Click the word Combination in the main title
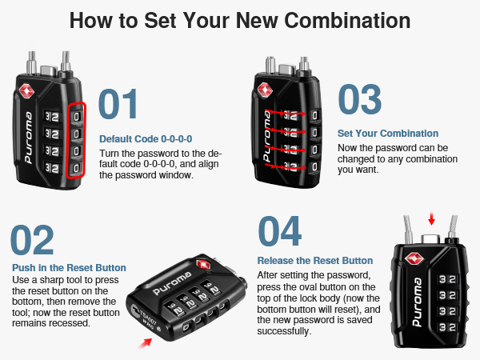pyautogui.click(x=347, y=21)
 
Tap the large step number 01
pyautogui.click(x=118, y=104)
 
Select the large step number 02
pyautogui.click(x=33, y=240)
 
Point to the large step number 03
pyautogui.click(x=360, y=99)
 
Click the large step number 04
pyautogui.click(x=280, y=231)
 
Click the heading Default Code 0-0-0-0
pyautogui.click(x=146, y=139)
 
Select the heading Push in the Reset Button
pyautogui.click(x=69, y=268)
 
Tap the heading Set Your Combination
pyautogui.click(x=388, y=134)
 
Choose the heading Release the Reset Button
pyautogui.click(x=315, y=261)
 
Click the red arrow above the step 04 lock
pyautogui.click(x=432, y=219)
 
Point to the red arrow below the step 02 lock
pyautogui.click(x=145, y=343)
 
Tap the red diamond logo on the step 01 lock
pyautogui.click(x=26, y=91)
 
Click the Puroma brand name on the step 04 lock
pyautogui.click(x=417, y=302)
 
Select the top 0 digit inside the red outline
pyautogui.click(x=77, y=116)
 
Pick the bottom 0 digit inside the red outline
pyautogui.click(x=77, y=168)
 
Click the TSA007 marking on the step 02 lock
pyautogui.click(x=149, y=318)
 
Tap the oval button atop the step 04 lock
pyautogui.click(x=430, y=238)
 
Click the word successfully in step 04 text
pyautogui.click(x=284, y=331)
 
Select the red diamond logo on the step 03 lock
pyautogui.click(x=265, y=90)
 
